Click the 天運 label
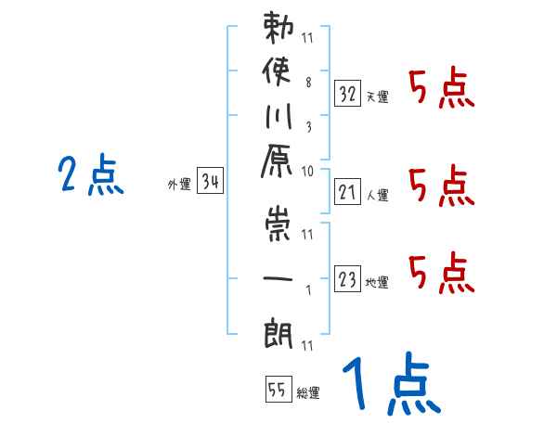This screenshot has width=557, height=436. (x=377, y=96)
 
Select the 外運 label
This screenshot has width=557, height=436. (x=178, y=185)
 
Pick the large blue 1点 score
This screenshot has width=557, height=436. (x=390, y=386)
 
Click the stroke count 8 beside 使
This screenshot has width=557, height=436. (x=307, y=83)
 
